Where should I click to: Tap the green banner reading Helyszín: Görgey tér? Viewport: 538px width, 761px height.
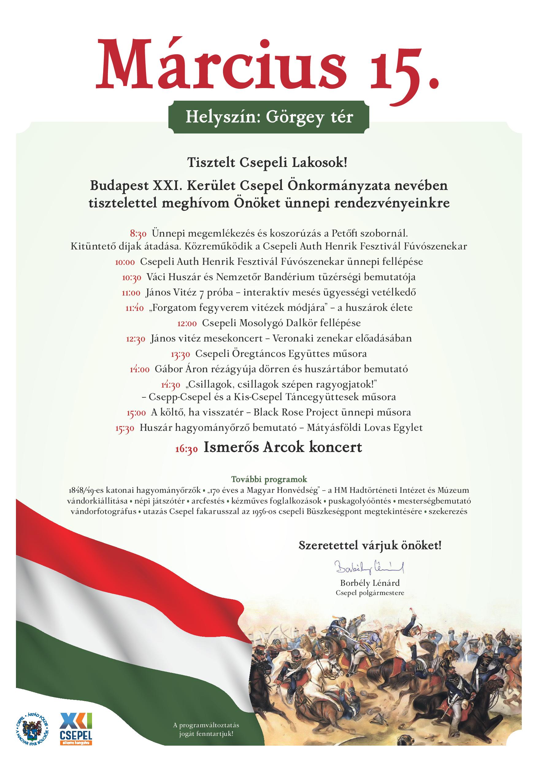269,117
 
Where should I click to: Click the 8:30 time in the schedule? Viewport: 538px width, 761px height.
138,234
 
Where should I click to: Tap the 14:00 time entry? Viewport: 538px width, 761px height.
140,369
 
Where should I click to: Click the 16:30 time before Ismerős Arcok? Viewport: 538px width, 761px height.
186,449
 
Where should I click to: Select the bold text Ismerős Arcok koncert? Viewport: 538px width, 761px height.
282,447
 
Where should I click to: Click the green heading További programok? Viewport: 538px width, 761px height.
269,479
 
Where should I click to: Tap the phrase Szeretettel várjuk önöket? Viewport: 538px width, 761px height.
370,546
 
